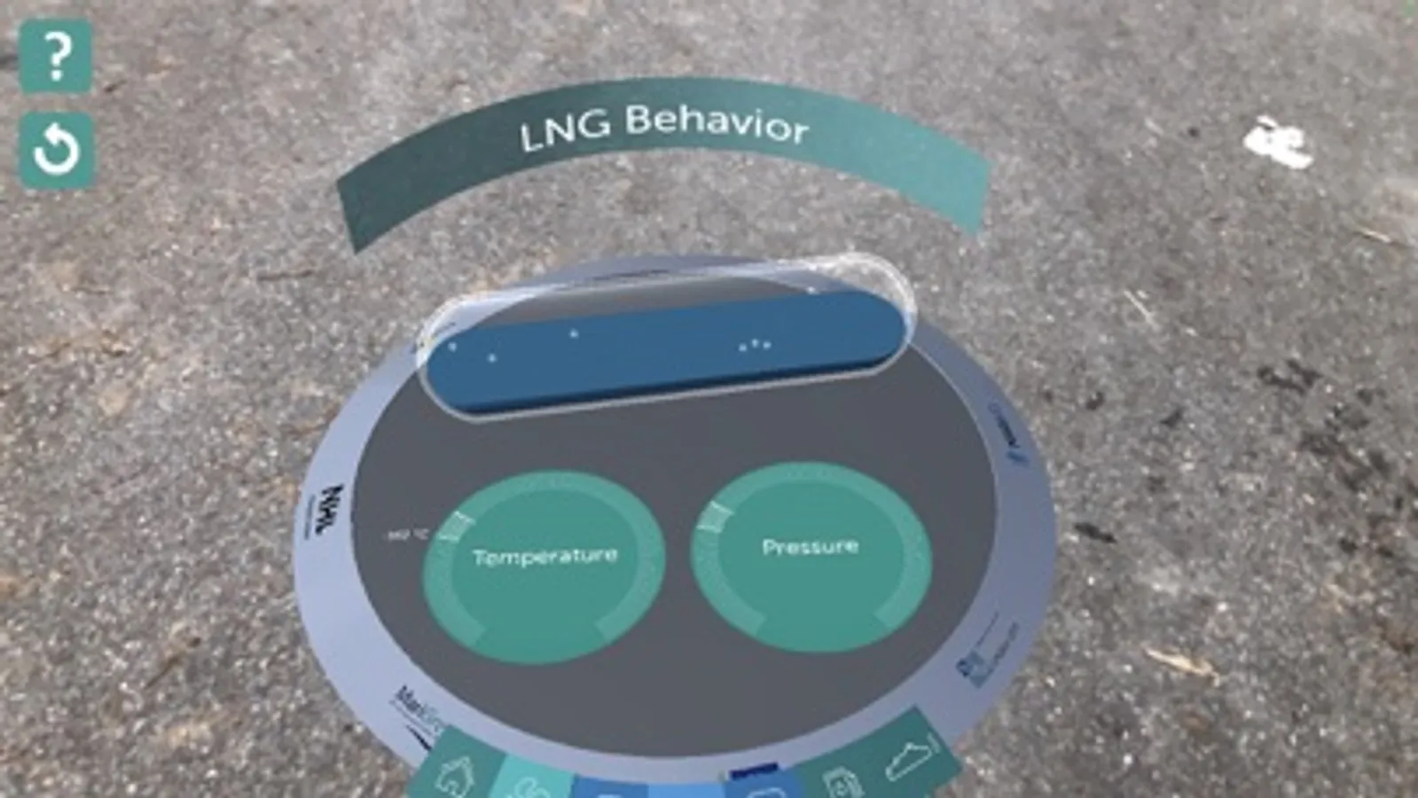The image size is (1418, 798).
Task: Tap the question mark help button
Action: point(56,57)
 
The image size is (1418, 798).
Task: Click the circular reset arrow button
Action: point(56,150)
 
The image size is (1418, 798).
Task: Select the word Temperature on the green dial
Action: point(544,557)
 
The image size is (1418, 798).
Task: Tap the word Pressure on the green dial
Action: point(810,546)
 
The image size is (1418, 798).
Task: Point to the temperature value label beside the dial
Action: point(407,535)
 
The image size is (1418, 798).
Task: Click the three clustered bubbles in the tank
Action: point(755,345)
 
